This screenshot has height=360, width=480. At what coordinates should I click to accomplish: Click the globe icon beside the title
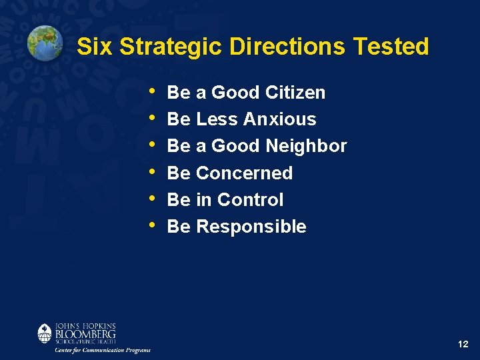click(45, 43)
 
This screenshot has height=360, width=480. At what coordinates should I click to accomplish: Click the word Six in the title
click(91, 47)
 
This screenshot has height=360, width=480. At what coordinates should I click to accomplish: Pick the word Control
click(250, 199)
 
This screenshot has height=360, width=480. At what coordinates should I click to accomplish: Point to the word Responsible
click(251, 227)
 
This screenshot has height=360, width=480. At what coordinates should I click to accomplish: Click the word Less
click(217, 119)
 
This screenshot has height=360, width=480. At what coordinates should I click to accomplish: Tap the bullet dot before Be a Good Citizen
click(154, 91)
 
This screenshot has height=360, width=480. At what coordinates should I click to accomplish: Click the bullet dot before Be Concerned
click(154, 171)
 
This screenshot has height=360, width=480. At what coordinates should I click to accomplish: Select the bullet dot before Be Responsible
click(154, 225)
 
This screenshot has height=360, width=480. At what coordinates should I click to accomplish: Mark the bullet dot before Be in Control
click(154, 199)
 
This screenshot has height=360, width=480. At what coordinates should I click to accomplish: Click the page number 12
click(463, 345)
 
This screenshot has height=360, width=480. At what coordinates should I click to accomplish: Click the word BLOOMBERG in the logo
click(85, 333)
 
